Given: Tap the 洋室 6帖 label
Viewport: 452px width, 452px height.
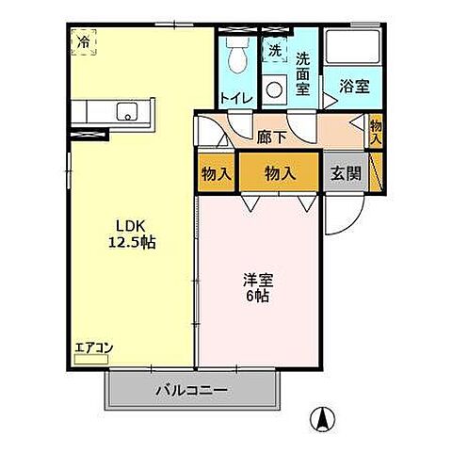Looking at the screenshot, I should [258, 287].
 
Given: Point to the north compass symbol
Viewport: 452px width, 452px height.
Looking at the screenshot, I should [322, 414].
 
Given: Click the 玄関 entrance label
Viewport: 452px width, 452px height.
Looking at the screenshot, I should [345, 173].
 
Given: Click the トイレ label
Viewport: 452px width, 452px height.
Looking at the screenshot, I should [234, 96].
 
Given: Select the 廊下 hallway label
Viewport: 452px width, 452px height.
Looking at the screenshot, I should [270, 136].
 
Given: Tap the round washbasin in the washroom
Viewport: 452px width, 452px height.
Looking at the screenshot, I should [275, 90].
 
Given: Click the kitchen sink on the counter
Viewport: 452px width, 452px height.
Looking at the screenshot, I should [125, 112].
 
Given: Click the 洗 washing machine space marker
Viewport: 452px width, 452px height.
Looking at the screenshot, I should [274, 50].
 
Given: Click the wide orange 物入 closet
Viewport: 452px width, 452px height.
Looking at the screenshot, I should [279, 173].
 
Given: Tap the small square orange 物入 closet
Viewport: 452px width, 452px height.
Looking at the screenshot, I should [216, 173].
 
